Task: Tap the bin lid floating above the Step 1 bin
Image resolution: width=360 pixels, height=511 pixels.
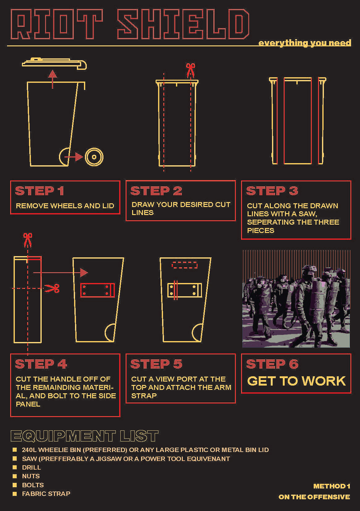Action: click(54, 64)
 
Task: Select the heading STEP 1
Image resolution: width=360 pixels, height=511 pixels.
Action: click(40, 191)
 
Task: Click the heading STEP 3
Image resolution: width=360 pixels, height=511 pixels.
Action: click(272, 191)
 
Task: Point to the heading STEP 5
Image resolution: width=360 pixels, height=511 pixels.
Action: click(156, 364)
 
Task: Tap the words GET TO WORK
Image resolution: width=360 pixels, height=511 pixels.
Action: click(296, 381)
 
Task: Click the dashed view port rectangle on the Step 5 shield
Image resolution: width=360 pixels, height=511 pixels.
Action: click(184, 265)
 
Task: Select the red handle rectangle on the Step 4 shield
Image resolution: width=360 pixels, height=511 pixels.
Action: click(97, 290)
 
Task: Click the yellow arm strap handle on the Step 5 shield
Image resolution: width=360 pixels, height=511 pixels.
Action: click(185, 290)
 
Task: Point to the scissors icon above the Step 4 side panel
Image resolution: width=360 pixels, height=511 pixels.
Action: click(27, 240)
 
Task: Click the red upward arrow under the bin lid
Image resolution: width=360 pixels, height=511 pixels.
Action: click(53, 79)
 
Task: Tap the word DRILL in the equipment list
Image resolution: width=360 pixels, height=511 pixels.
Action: click(31, 467)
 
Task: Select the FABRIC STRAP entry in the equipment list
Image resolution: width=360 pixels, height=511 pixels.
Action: click(46, 494)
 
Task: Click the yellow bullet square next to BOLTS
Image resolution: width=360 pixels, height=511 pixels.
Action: click(15, 485)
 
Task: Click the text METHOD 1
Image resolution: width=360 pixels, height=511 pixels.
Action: click(332, 486)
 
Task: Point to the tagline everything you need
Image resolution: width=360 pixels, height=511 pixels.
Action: click(305, 43)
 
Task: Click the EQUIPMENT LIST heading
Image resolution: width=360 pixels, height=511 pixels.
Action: click(84, 436)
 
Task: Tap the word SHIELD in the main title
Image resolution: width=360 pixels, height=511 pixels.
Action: click(183, 24)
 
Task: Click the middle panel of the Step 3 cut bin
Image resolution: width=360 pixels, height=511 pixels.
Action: click(298, 121)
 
